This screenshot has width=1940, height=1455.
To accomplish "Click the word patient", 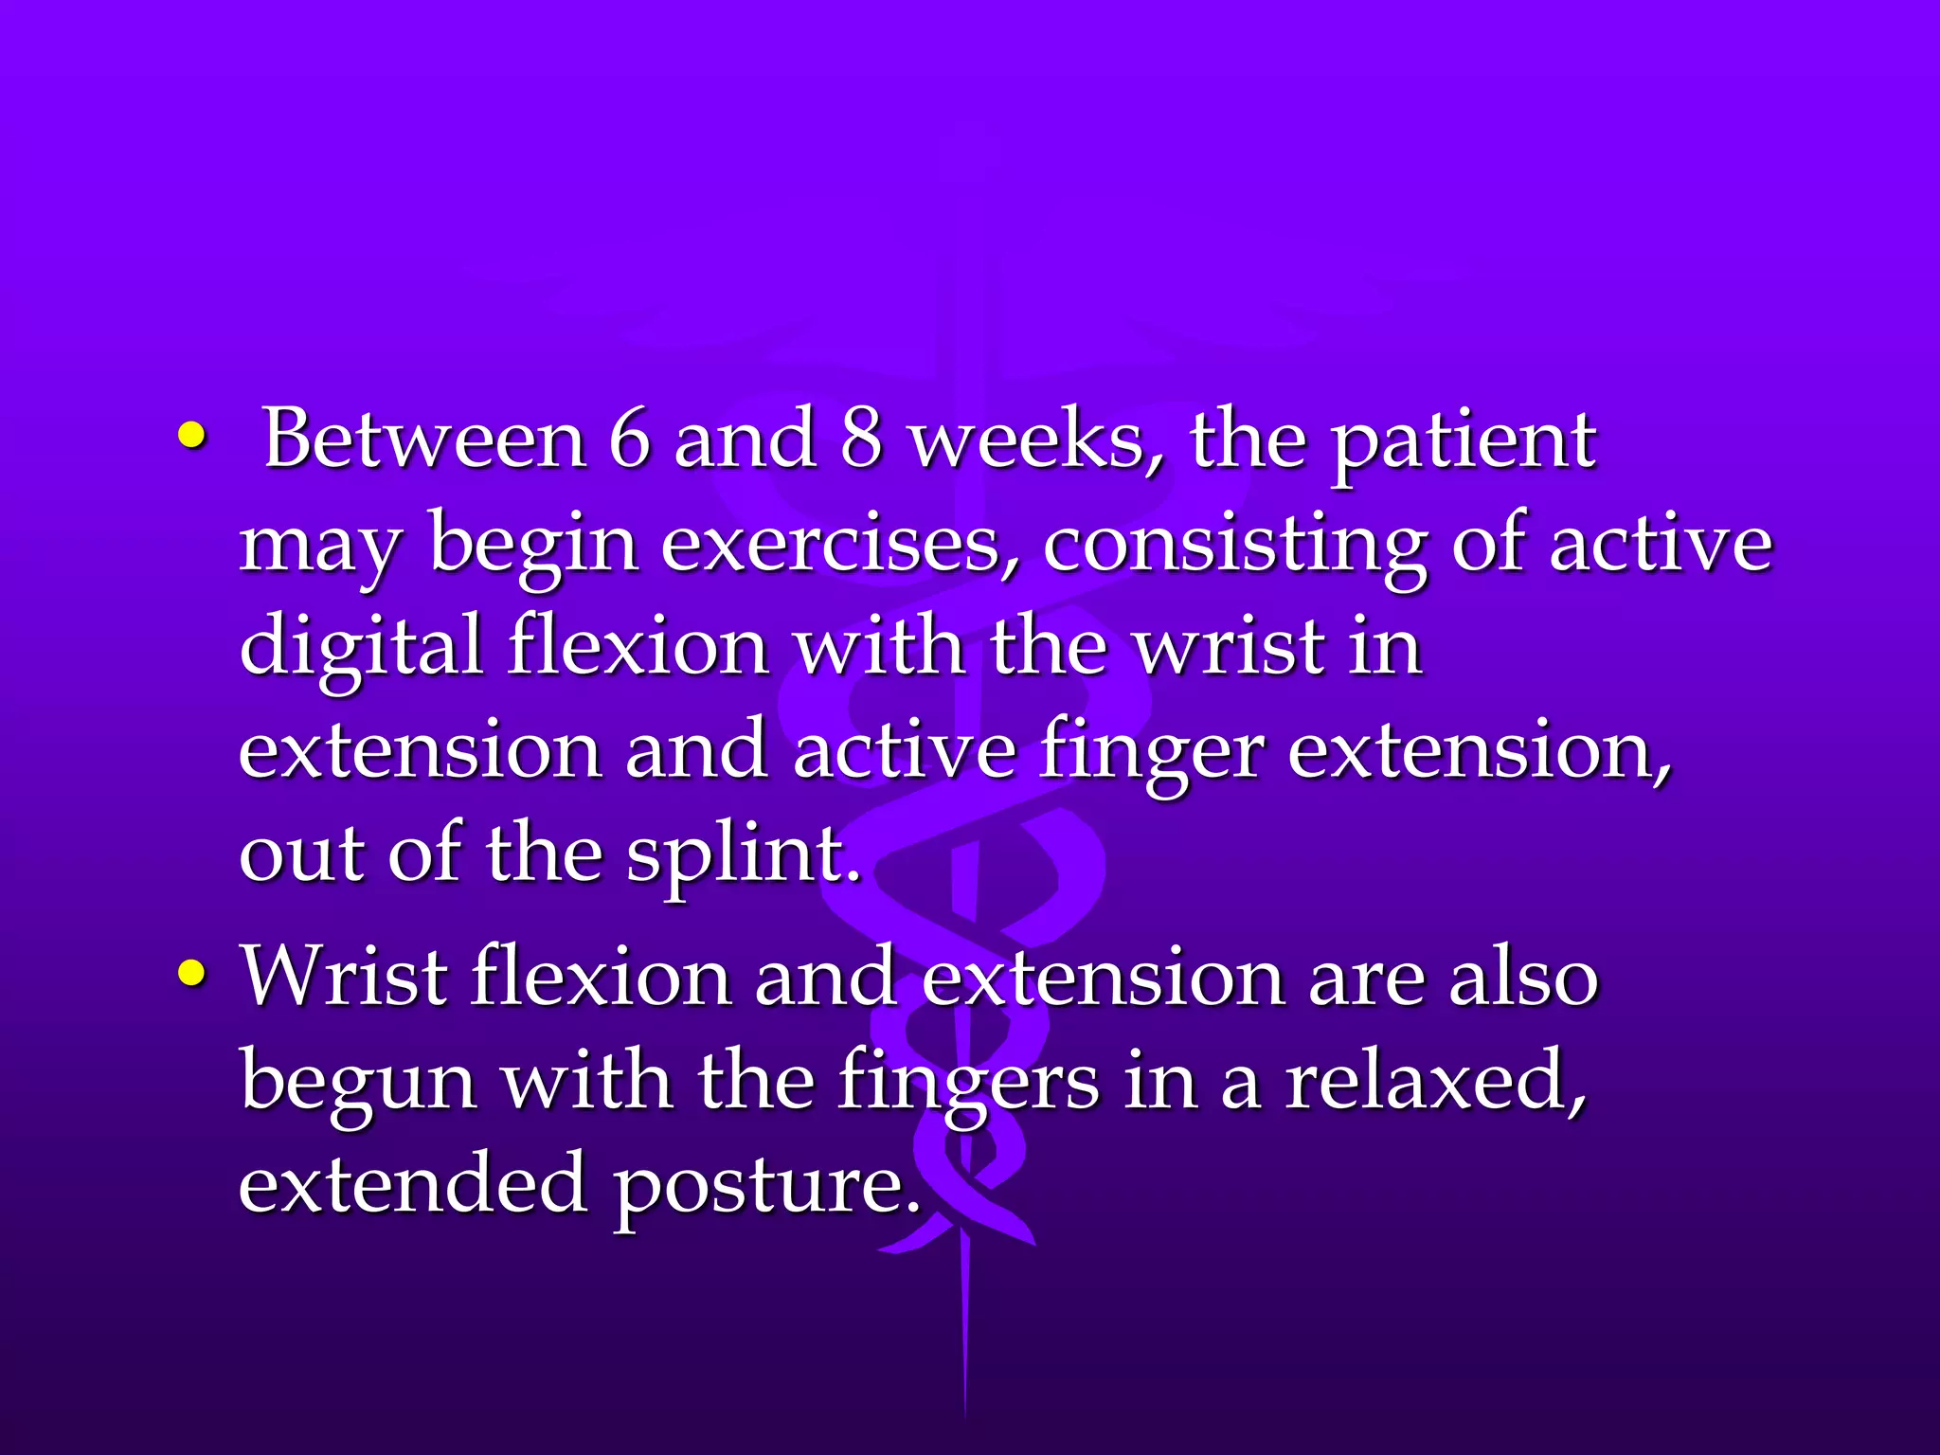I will [x=1464, y=443].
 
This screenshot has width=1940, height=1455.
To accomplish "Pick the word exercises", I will [x=840, y=546].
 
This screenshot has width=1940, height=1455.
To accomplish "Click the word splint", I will [x=744, y=855].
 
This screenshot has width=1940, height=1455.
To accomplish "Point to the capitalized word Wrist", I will [x=344, y=977].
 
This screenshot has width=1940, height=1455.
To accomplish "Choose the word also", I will [x=1524, y=977].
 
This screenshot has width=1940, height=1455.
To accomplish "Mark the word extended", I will [x=412, y=1184].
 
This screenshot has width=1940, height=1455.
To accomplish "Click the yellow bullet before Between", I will [x=190, y=437].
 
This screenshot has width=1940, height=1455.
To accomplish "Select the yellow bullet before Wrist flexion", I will [x=190, y=973].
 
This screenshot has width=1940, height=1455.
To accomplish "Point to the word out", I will [x=302, y=855].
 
